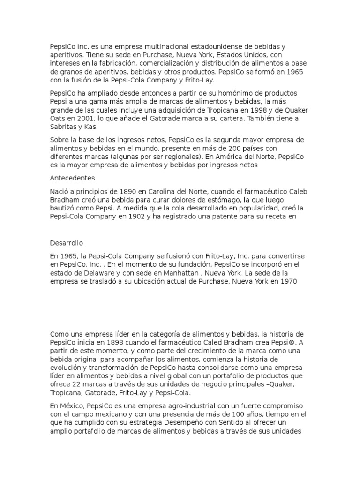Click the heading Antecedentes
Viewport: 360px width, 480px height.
(72, 178)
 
